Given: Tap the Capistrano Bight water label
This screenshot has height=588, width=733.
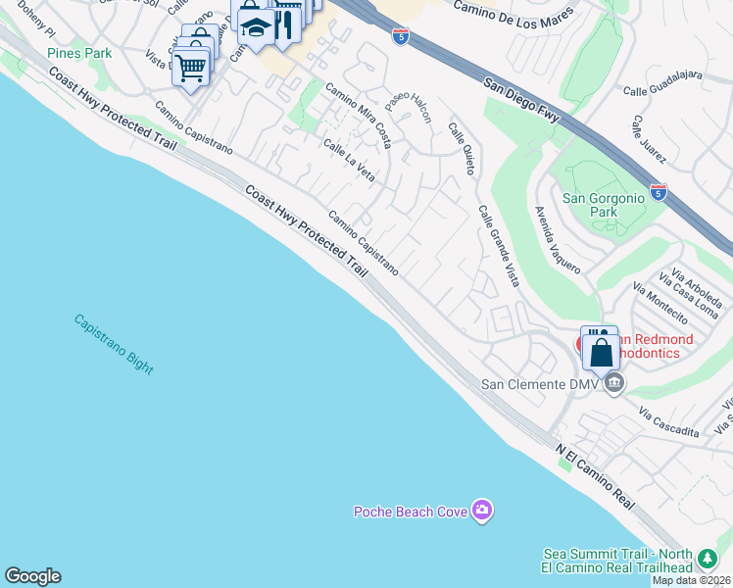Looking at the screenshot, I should tap(114, 344).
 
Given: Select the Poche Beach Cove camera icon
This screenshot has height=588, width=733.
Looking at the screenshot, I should tap(481, 510).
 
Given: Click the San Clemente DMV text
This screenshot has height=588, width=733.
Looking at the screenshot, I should tap(537, 383).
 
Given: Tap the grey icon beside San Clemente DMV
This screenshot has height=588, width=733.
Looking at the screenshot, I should tap(614, 382).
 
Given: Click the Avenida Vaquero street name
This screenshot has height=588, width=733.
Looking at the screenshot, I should tap(558, 239).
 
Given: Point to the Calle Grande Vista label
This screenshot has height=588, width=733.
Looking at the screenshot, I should tap(499, 247).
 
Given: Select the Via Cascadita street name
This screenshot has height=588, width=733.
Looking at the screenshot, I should tap(670, 423).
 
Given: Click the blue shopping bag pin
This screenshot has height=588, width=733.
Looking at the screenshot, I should tap(601, 351).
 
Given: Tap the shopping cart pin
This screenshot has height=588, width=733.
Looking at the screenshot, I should tap(190, 67).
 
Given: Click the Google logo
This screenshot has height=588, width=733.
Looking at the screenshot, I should tap(32, 576).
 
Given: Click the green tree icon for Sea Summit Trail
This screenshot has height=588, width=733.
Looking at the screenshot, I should tap(707, 561).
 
